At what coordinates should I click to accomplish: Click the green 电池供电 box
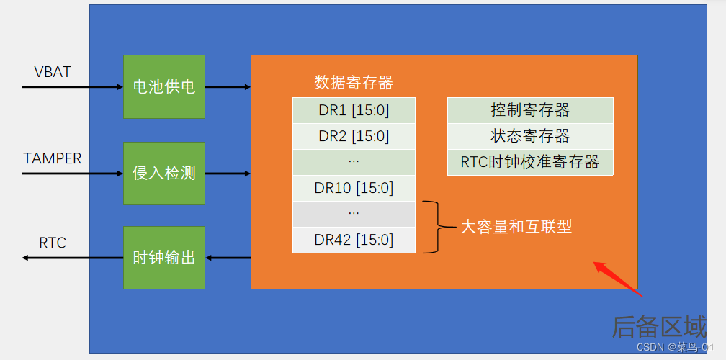(x=164, y=86)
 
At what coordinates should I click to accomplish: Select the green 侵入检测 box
(x=164, y=173)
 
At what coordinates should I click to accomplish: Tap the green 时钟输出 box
(x=164, y=258)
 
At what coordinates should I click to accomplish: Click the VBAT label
(x=53, y=72)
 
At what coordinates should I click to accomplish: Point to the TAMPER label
(x=53, y=158)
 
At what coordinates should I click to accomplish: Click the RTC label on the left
(x=53, y=243)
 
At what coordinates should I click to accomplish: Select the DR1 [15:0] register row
(x=354, y=110)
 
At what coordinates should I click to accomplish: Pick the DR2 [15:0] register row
(x=354, y=136)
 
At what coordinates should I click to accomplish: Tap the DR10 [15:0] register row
(x=354, y=188)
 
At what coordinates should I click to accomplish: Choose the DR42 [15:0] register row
(x=354, y=240)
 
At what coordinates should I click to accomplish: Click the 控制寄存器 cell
(x=530, y=110)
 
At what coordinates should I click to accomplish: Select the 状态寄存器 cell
(x=530, y=136)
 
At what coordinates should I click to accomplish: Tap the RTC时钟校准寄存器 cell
(x=530, y=162)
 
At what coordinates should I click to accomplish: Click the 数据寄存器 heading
(x=354, y=83)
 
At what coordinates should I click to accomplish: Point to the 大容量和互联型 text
(x=516, y=227)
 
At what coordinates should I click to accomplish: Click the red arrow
(x=618, y=279)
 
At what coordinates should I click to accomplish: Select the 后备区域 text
(x=659, y=327)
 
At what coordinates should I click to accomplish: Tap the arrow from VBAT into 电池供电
(x=72, y=86)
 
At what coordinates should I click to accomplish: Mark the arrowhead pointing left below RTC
(x=25, y=258)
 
